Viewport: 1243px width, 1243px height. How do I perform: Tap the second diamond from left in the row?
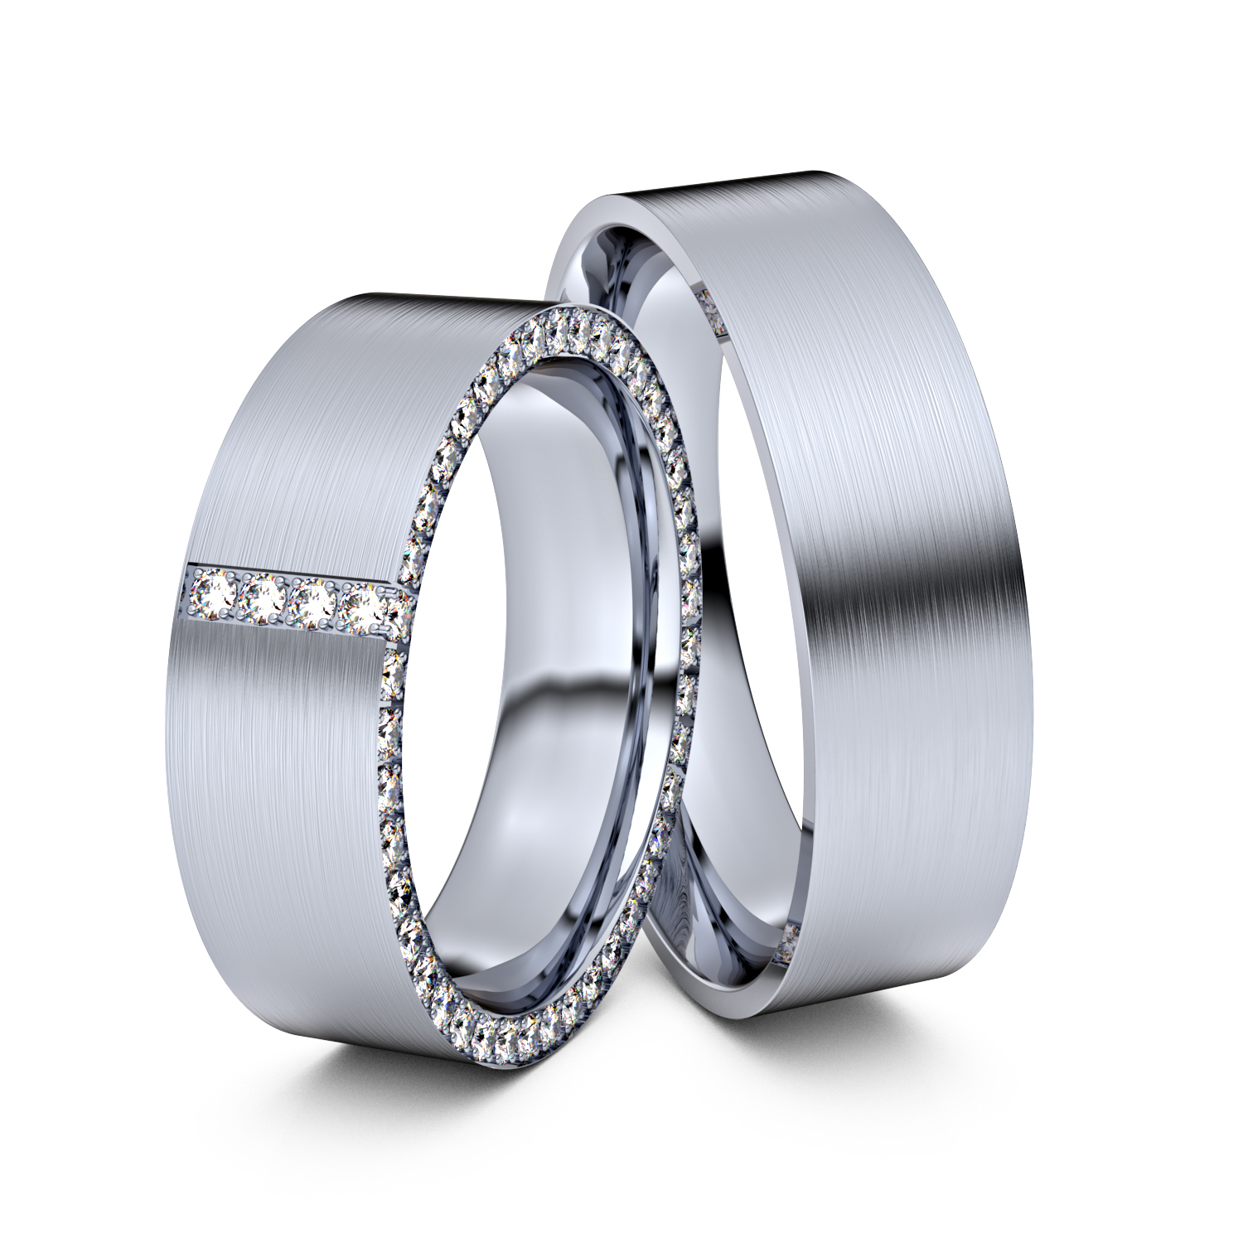coord(264,599)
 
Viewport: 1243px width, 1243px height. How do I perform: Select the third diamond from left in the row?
coord(313,604)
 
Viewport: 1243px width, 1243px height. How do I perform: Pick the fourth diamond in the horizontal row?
coord(363,609)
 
